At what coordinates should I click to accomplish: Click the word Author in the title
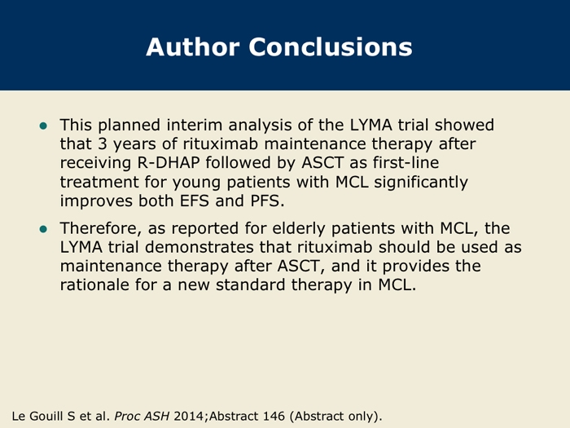click(193, 47)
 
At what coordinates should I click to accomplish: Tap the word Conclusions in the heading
click(331, 47)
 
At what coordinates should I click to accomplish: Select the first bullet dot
click(43, 126)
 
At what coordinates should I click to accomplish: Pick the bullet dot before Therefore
click(43, 229)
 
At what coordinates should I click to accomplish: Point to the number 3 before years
click(102, 143)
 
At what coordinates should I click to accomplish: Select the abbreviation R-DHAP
click(169, 163)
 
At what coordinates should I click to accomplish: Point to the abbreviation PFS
click(267, 201)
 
